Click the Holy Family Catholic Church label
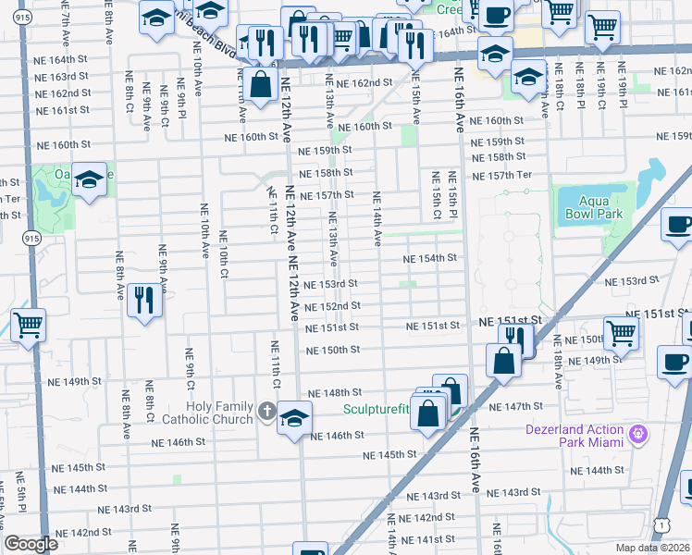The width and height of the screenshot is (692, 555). (x=218, y=413)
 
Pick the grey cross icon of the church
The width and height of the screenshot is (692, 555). (x=266, y=410)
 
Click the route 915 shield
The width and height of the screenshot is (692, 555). (x=32, y=238)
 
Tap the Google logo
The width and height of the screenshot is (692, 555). (x=31, y=544)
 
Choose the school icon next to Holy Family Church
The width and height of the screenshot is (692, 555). (x=294, y=418)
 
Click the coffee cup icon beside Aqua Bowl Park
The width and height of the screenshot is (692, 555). (x=679, y=225)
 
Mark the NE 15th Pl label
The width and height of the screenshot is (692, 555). (x=453, y=195)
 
